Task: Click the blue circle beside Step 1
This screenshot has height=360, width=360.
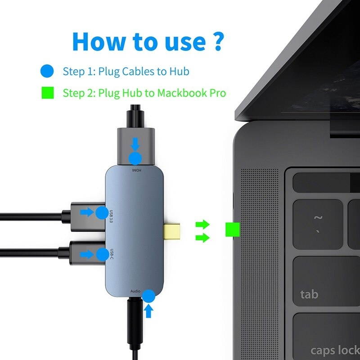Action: [47, 71]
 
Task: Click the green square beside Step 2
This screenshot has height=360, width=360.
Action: [47, 93]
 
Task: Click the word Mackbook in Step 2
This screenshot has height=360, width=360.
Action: [177, 93]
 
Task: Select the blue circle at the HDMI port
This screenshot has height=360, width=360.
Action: [135, 158]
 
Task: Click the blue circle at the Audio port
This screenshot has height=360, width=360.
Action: [148, 296]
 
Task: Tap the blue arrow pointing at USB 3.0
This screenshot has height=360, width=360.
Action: [86, 211]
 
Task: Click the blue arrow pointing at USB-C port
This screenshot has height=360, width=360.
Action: [86, 254]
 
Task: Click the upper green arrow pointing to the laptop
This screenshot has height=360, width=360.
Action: [202, 224]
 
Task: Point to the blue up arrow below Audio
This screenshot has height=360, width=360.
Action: [149, 310]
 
